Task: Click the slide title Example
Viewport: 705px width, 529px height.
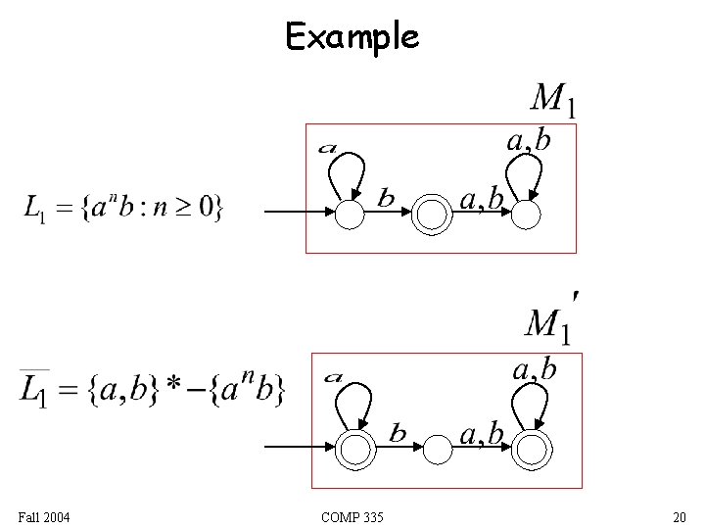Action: (352, 37)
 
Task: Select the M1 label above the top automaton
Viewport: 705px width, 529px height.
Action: (552, 99)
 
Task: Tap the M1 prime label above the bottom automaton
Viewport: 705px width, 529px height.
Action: (551, 318)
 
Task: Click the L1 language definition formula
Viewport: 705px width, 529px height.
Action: (123, 208)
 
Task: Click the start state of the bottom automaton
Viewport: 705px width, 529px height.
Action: (357, 449)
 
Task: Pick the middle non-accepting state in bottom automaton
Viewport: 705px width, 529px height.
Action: (438, 449)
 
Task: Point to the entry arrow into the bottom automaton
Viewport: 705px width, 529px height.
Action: (302, 447)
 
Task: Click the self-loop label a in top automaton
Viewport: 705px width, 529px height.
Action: (328, 150)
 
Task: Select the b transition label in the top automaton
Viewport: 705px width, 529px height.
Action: (387, 199)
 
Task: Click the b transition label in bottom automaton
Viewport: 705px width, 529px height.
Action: (399, 432)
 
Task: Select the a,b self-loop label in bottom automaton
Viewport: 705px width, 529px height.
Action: (535, 369)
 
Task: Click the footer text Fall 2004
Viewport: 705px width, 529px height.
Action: (43, 516)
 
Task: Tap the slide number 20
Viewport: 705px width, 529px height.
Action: (679, 516)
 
